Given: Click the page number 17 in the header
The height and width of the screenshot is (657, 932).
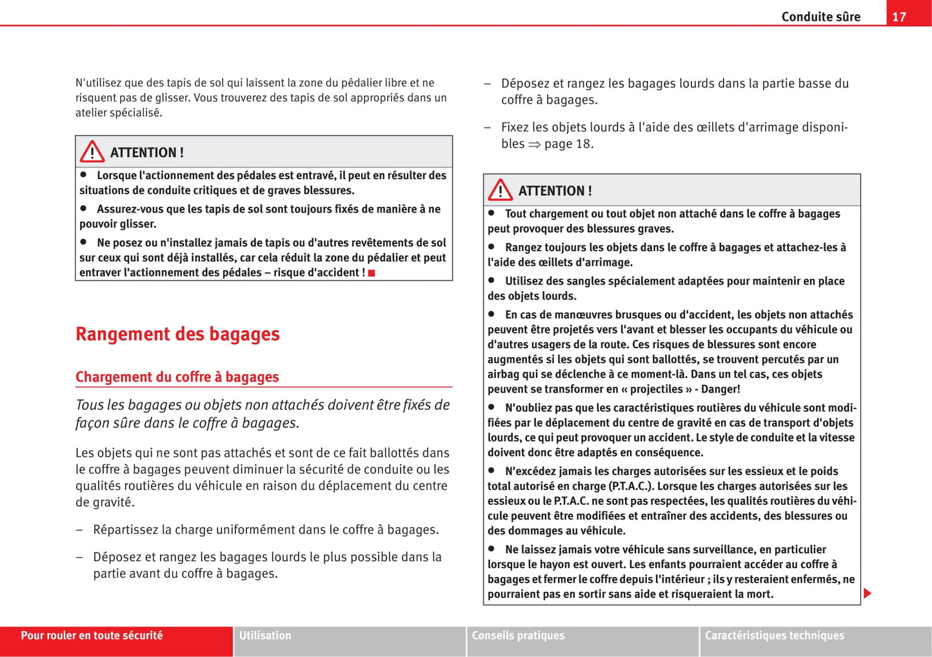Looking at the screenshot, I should click(899, 17).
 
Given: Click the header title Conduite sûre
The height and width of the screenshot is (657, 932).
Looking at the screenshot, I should click(820, 17).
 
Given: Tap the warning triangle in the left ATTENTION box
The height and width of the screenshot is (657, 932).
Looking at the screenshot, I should click(92, 152).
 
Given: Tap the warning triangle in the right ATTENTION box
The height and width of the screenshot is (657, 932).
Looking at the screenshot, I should click(501, 190).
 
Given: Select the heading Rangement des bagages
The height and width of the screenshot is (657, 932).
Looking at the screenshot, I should click(177, 334).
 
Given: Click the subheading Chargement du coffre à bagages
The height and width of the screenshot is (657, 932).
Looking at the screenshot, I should click(177, 377).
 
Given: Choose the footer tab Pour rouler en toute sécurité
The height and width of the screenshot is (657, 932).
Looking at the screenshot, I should click(92, 636).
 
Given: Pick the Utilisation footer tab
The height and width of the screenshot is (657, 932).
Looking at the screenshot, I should click(265, 636).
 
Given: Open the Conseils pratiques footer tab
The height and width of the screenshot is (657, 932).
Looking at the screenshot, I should click(518, 636).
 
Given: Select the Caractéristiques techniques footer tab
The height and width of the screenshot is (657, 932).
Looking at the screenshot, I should click(774, 636).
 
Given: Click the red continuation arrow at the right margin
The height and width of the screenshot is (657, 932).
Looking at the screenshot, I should click(868, 593).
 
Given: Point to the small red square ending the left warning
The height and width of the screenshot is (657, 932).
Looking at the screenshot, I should click(372, 273).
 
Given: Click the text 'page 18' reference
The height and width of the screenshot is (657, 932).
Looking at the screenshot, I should click(568, 144).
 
